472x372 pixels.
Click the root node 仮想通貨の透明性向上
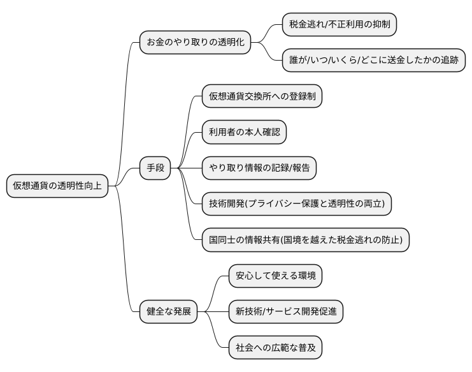pos(57,186)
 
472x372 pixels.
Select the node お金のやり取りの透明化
pos(195,43)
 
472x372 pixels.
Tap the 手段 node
pos(155,168)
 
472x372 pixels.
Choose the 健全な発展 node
pos(169,312)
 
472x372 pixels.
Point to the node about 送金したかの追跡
pos(374,61)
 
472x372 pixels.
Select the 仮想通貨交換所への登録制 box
pos(262,97)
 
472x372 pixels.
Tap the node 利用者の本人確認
pos(244,133)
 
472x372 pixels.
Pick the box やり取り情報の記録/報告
pos(259,168)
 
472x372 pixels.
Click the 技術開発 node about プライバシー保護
pos(296,204)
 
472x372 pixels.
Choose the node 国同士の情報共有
pos(305,240)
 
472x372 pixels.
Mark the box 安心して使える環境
pos(275,276)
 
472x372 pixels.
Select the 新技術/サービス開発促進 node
pos(286,312)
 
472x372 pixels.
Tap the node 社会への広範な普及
pos(275,348)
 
